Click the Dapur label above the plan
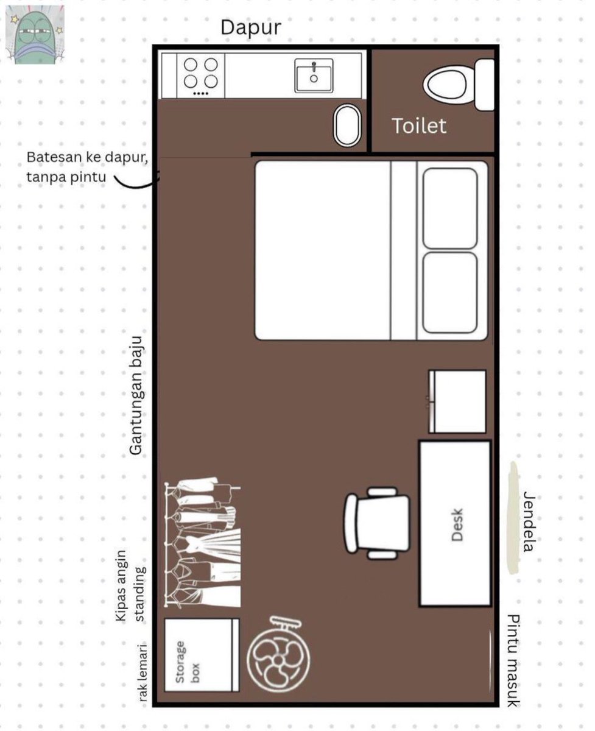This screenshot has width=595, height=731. click(251, 28)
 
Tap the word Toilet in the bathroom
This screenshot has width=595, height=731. click(419, 125)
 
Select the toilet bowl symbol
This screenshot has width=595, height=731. click(459, 85)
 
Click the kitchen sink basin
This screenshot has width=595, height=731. click(314, 76)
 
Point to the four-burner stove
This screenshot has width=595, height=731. click(201, 76)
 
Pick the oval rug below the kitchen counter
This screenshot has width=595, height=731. click(347, 125)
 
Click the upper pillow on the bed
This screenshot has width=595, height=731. click(450, 208)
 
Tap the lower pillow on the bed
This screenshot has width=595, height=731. click(450, 293)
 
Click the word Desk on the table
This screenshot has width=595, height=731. click(457, 524)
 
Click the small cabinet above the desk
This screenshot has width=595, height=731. click(457, 401)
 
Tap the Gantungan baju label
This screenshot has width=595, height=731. click(136, 396)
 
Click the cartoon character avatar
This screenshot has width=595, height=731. click(35, 35)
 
